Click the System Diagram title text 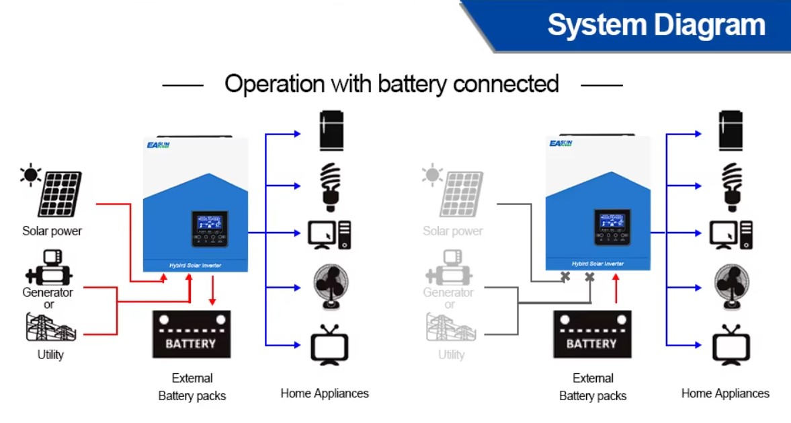pyautogui.click(x=656, y=25)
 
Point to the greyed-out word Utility pyautogui.click(x=451, y=354)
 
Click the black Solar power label pyautogui.click(x=52, y=231)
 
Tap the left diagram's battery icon pyautogui.click(x=191, y=334)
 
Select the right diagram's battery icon pyautogui.click(x=592, y=334)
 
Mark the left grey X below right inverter pyautogui.click(x=566, y=276)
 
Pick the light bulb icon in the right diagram pyautogui.click(x=731, y=182)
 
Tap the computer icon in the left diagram pyautogui.click(x=329, y=235)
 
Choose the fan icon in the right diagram pyautogui.click(x=731, y=286)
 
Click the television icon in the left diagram pyautogui.click(x=329, y=345)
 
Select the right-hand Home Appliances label pyautogui.click(x=725, y=393)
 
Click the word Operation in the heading pyautogui.click(x=274, y=84)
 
